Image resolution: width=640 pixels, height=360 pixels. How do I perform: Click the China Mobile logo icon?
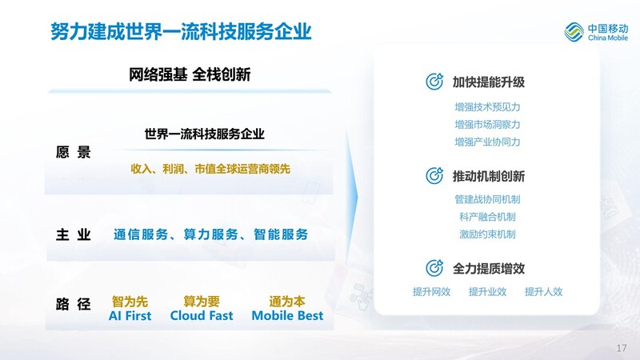574,32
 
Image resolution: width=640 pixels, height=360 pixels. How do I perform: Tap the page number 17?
622,348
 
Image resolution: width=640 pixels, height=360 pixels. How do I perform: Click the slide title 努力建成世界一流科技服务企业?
181,31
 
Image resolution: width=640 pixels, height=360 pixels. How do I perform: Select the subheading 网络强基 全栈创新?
190,74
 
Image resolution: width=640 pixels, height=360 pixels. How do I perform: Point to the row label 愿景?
73,152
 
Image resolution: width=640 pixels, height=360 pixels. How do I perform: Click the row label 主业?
73,234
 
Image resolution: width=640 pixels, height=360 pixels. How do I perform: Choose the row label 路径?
73,304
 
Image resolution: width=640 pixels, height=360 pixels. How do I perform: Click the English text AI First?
130,315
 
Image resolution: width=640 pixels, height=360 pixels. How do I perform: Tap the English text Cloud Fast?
202,315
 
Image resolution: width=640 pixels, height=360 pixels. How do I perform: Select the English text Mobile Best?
287,315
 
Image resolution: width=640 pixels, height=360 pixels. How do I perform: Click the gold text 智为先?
130,302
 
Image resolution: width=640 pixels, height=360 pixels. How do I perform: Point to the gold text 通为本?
287,302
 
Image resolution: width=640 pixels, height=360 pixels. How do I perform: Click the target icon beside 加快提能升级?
434,82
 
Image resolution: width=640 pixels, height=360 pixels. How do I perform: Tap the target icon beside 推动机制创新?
434,175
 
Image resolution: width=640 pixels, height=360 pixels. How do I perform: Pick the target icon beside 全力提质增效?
434,268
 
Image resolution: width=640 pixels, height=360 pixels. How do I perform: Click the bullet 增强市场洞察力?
487,125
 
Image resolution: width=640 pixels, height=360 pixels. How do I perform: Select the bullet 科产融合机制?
487,217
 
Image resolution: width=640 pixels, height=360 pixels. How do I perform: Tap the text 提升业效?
487,291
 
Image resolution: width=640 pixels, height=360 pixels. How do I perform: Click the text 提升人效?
543,291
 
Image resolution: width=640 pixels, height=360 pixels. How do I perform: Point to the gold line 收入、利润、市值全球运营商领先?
210,169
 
